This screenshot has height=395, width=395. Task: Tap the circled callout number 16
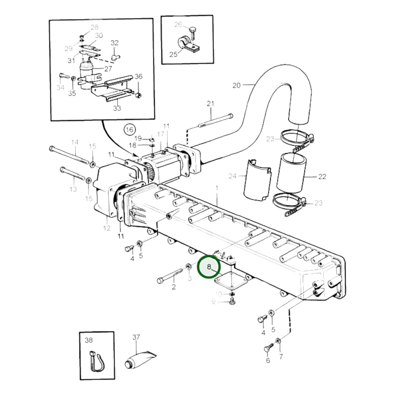pyautogui.click(x=130, y=130)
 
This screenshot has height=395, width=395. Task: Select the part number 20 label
pyautogui.click(x=236, y=85)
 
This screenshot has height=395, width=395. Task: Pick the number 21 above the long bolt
pyautogui.click(x=210, y=104)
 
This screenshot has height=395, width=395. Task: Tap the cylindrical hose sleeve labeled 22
pyautogui.click(x=291, y=172)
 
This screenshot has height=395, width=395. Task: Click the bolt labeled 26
pyautogui.click(x=193, y=34)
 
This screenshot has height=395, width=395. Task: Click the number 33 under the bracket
pyautogui.click(x=117, y=108)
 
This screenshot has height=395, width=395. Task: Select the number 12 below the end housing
pyautogui.click(x=107, y=228)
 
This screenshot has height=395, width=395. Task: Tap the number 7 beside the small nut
pyautogui.click(x=281, y=357)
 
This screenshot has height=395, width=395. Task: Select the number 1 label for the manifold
pyautogui.click(x=217, y=188)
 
